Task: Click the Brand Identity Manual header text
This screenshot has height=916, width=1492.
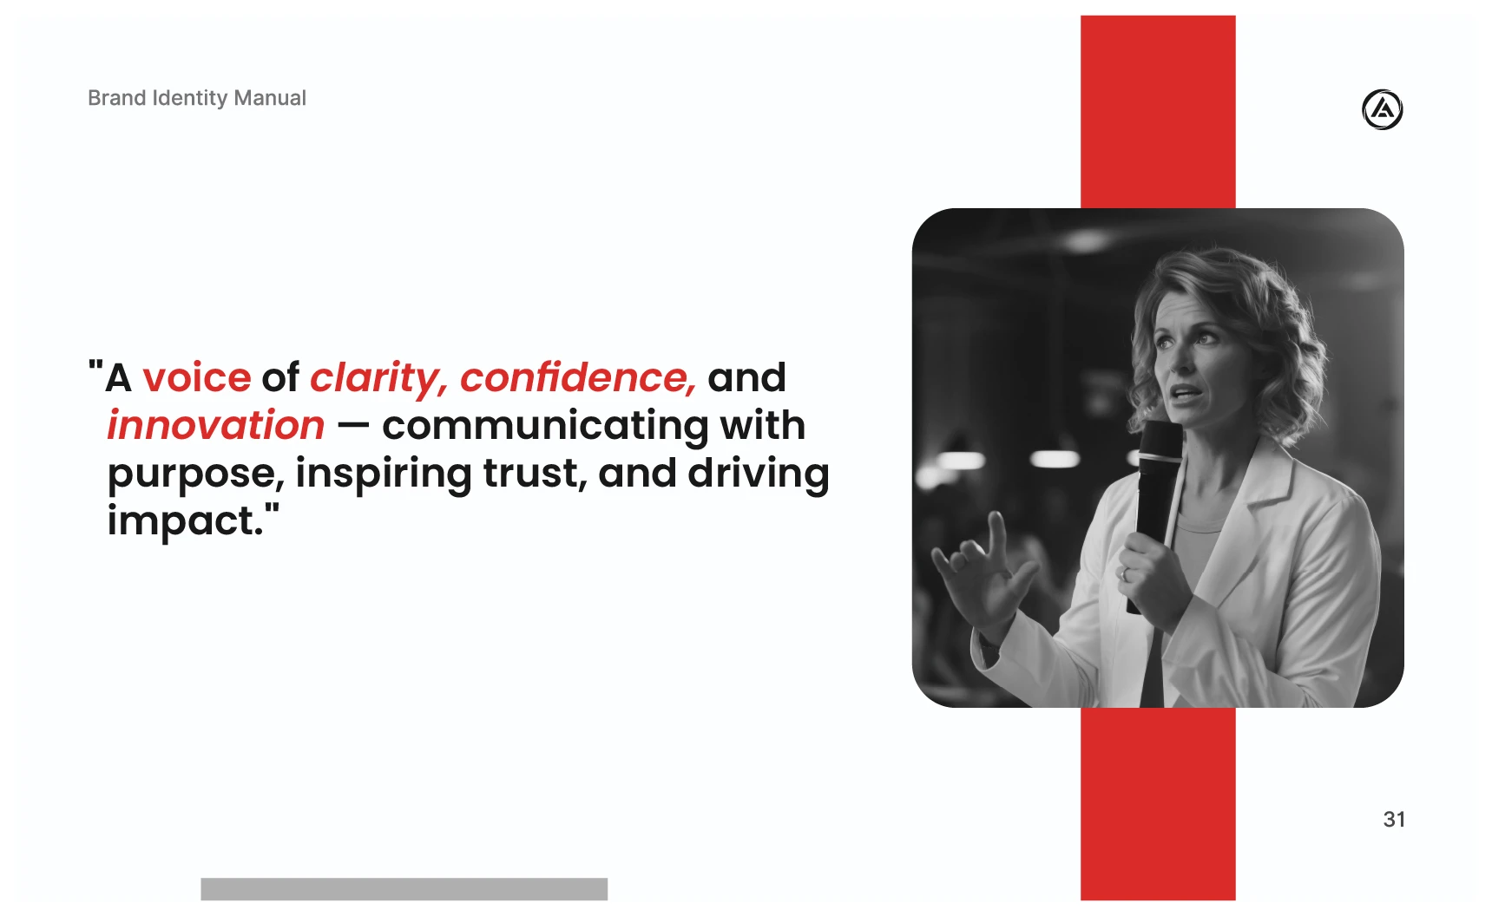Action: (197, 98)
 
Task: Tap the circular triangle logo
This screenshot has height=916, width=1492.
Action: (1382, 109)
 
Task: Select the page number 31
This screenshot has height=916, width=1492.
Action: (1394, 820)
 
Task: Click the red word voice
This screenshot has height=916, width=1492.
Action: (197, 378)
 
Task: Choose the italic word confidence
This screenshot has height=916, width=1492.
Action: (578, 378)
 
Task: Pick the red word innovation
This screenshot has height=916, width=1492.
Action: (216, 426)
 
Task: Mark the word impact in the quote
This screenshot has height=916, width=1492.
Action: (185, 522)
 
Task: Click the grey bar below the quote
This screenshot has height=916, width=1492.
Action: (404, 889)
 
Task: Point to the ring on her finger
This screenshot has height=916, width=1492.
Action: (1126, 573)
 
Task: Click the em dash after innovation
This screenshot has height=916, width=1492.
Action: (353, 427)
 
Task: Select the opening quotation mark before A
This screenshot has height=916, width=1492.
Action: (95, 367)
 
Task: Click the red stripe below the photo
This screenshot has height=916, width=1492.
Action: (1158, 804)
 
